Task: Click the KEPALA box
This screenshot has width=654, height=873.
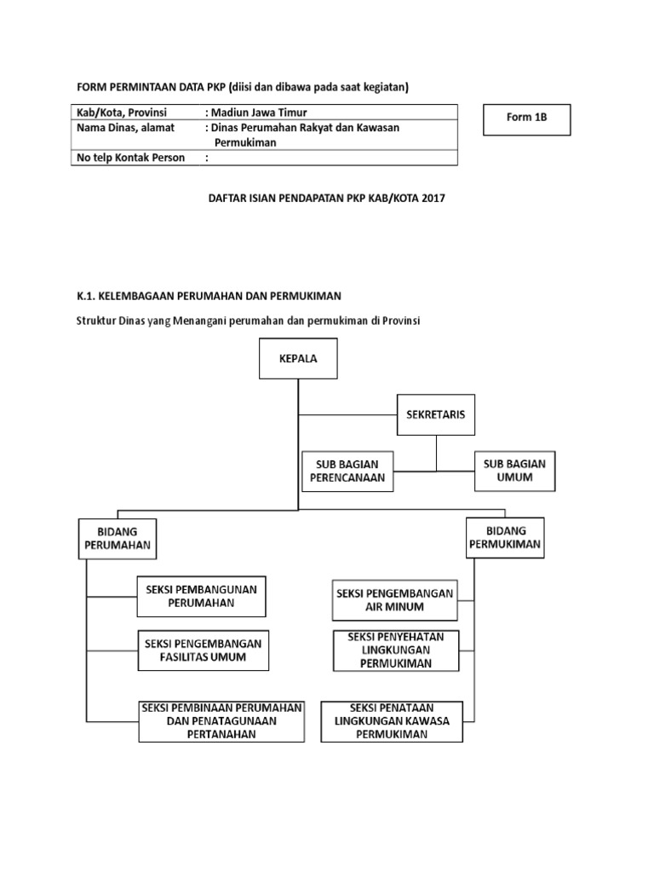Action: pyautogui.click(x=298, y=359)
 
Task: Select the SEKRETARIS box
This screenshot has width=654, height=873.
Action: pyautogui.click(x=436, y=416)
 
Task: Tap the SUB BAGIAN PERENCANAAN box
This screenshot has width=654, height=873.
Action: pyautogui.click(x=348, y=471)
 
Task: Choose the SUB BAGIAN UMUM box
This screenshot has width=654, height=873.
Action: pyautogui.click(x=514, y=471)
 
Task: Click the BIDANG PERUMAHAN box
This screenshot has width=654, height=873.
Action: pyautogui.click(x=117, y=538)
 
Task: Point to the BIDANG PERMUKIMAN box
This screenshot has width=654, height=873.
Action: pyautogui.click(x=505, y=537)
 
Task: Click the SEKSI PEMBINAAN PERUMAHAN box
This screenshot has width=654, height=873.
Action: pyautogui.click(x=221, y=721)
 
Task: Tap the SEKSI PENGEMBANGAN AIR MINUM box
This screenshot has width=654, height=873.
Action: pyautogui.click(x=395, y=600)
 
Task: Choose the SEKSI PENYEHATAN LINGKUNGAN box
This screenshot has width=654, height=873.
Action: pyautogui.click(x=395, y=650)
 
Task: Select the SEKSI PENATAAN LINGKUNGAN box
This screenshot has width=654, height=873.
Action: pyautogui.click(x=392, y=721)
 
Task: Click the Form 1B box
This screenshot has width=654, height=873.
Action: pyautogui.click(x=526, y=119)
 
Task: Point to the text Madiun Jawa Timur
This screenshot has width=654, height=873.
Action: pyautogui.click(x=260, y=113)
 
